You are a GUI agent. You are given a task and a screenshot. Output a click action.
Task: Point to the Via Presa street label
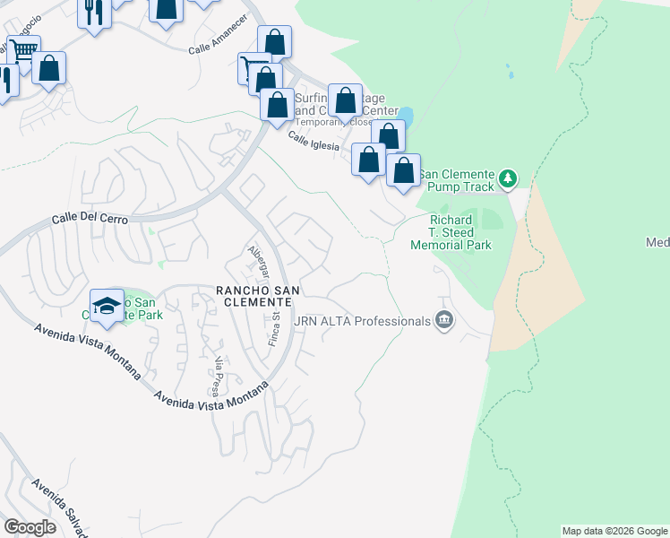coord(217,376)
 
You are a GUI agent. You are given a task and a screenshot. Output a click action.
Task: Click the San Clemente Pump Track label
coord(457,180)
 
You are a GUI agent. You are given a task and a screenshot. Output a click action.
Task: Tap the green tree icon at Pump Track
coord(509,178)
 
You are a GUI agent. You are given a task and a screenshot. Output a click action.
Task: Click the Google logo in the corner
coord(30,527)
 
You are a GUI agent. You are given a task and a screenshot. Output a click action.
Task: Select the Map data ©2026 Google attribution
coord(614,531)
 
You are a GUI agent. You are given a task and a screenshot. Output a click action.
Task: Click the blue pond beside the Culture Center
coord(406,116)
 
